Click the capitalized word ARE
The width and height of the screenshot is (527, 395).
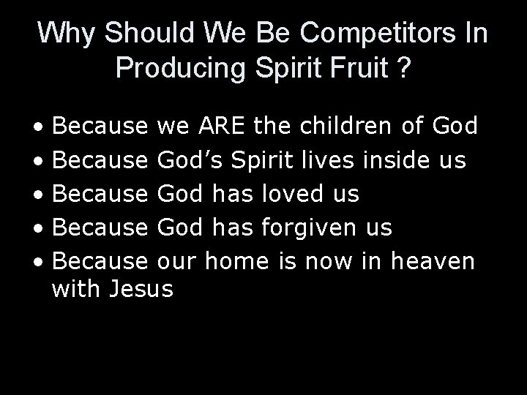[223, 126]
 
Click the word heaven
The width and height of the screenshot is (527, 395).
[434, 261]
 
